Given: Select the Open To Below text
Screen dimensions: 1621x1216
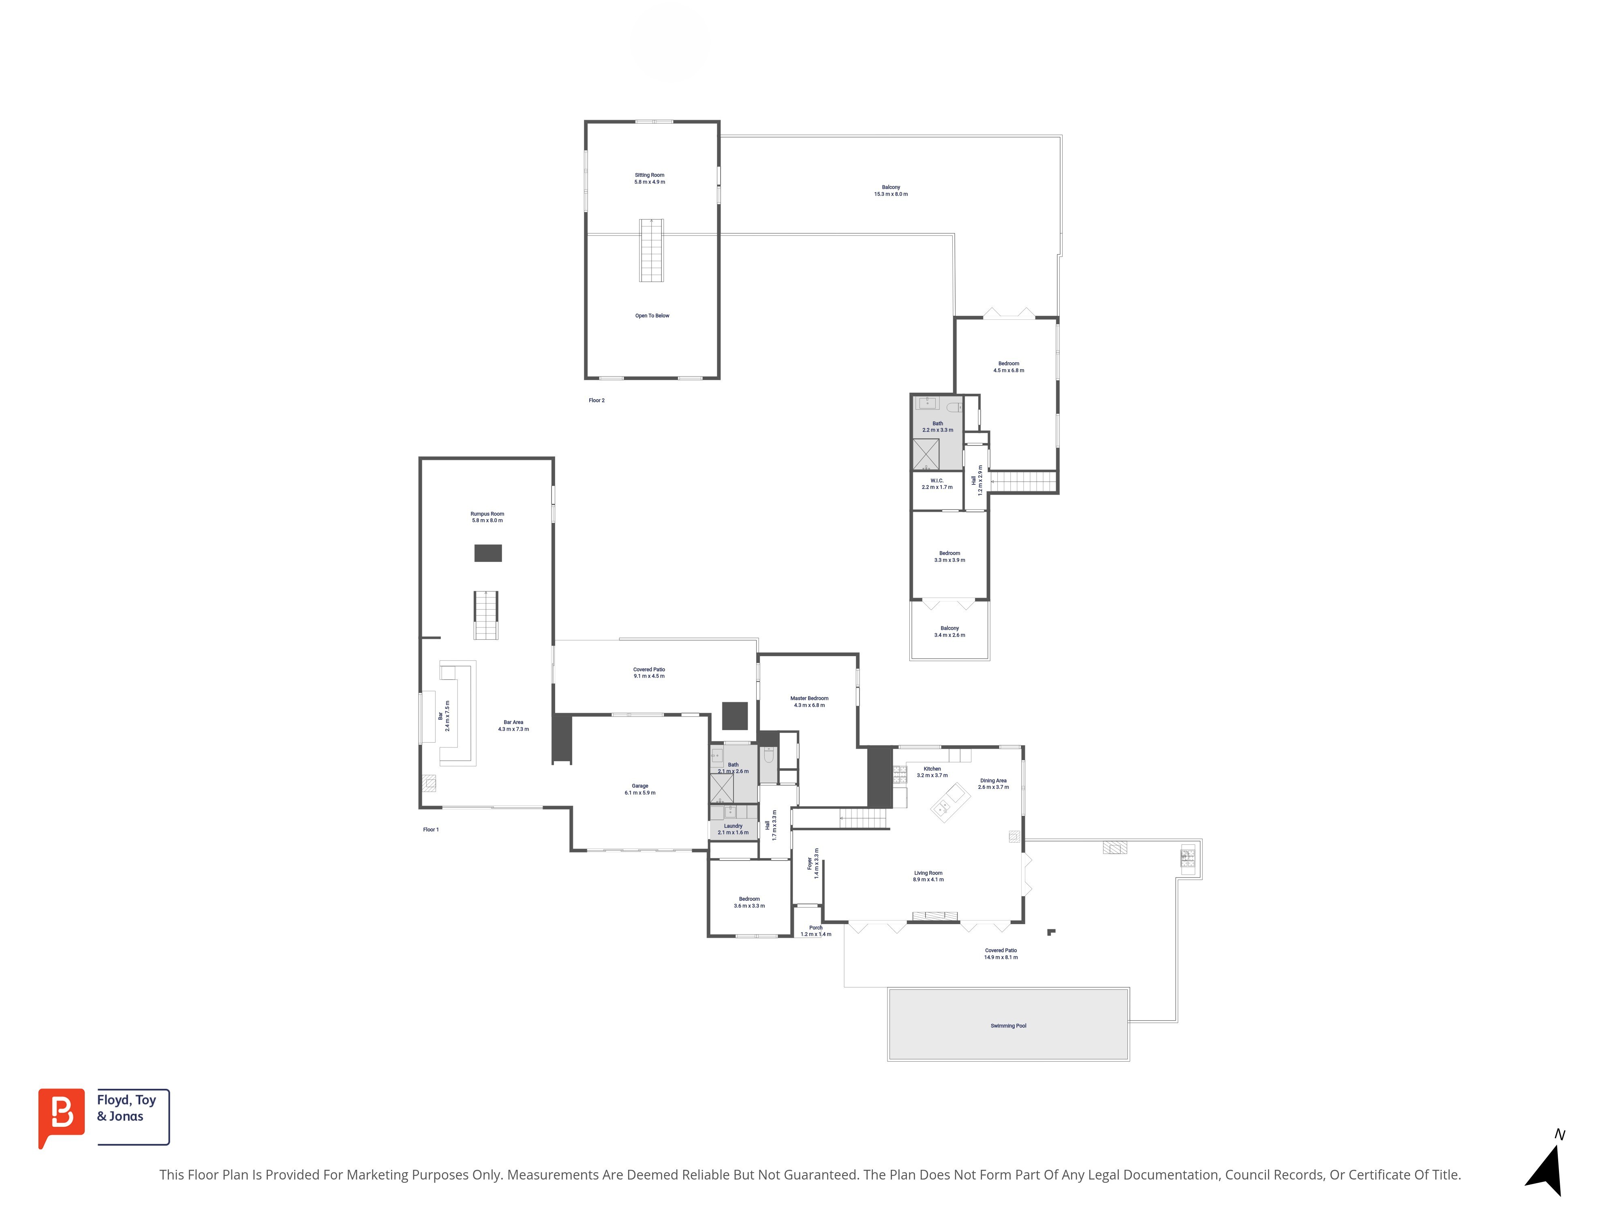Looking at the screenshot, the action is [x=652, y=316].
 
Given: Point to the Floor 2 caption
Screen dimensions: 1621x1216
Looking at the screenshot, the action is [x=597, y=400].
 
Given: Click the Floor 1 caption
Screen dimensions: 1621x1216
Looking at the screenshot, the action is [x=431, y=830].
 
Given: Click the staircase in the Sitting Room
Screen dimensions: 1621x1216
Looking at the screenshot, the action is [x=652, y=250].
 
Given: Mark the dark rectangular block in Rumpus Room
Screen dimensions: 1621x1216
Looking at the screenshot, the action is [x=488, y=552].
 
